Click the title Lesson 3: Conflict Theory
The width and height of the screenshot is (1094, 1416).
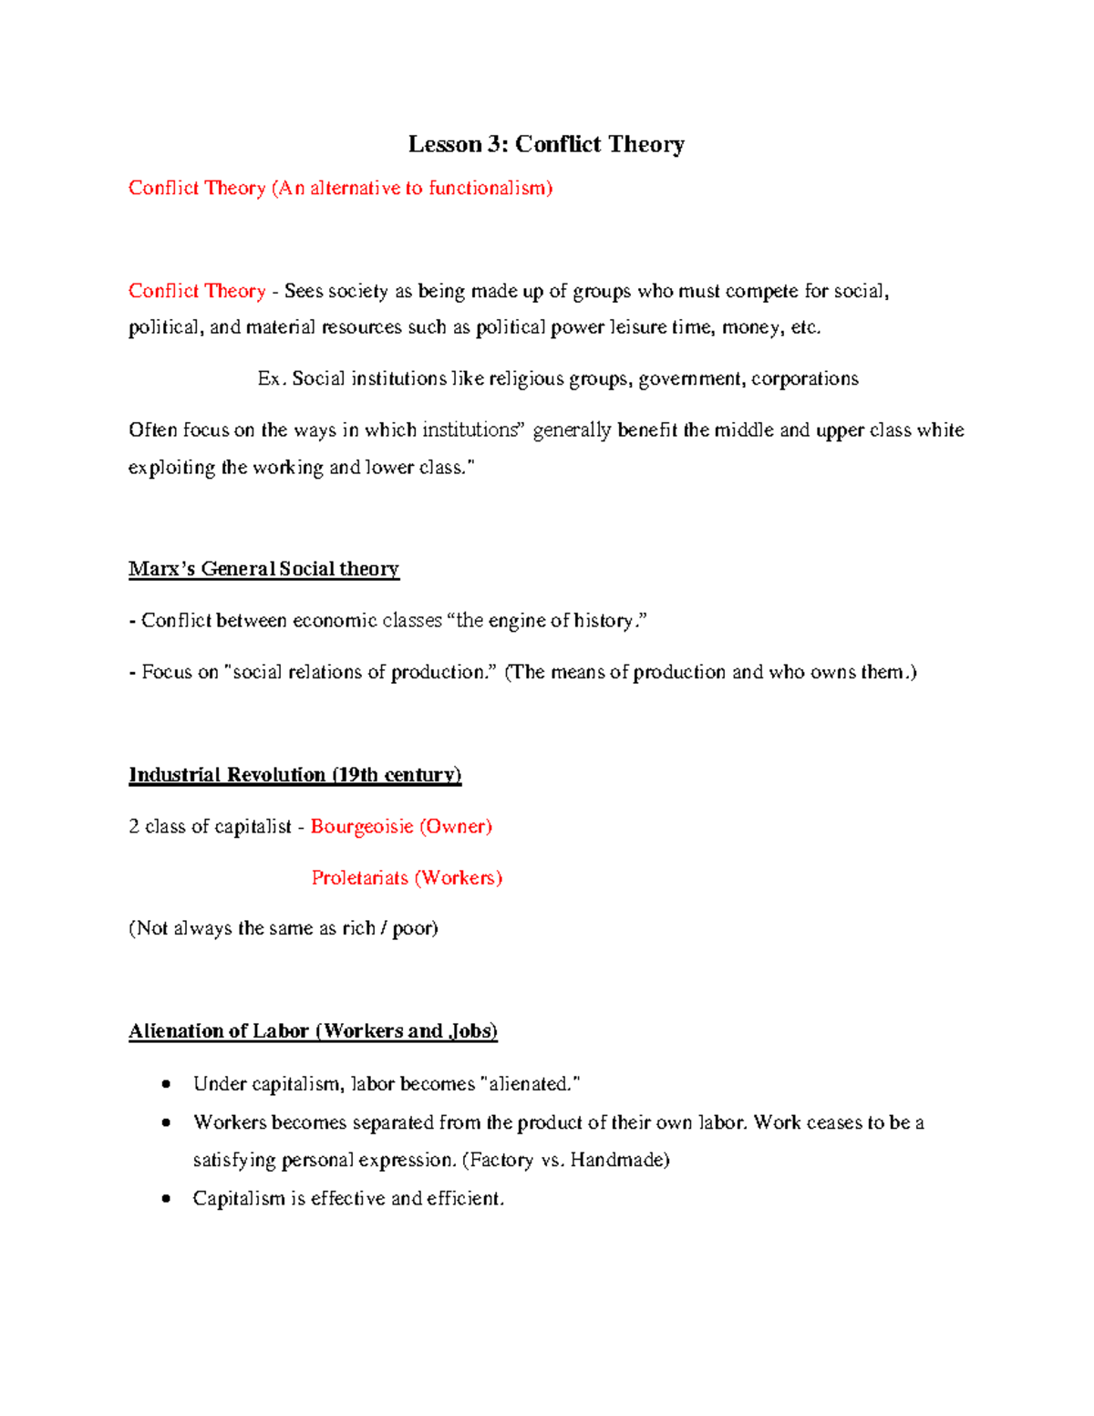(x=546, y=144)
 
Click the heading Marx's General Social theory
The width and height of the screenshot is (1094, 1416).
(x=263, y=569)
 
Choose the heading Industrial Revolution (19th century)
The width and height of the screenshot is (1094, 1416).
(x=294, y=775)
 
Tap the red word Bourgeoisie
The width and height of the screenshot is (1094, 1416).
(x=362, y=826)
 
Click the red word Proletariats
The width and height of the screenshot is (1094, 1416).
(x=359, y=878)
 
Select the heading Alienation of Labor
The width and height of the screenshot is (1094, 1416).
(x=313, y=1031)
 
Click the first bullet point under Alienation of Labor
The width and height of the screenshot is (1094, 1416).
(x=165, y=1084)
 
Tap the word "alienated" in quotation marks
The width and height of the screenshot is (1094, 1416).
(x=529, y=1084)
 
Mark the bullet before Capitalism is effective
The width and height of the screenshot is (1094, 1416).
(x=165, y=1198)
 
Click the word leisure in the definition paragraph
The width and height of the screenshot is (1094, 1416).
(x=637, y=327)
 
